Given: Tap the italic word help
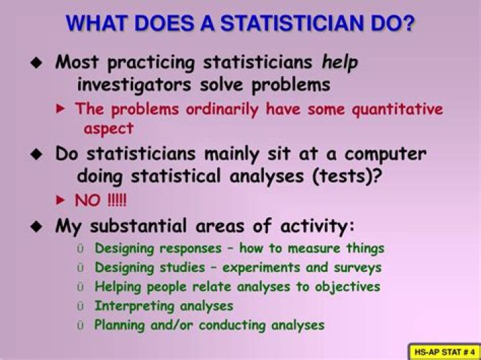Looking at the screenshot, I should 340,63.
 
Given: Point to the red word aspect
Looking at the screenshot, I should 108,128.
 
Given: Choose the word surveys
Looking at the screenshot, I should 356,267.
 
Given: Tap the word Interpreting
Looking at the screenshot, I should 135,306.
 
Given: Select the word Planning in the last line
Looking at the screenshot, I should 120,325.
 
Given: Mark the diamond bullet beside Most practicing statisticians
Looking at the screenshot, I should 36,63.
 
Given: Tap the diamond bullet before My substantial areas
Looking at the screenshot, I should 36,226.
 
